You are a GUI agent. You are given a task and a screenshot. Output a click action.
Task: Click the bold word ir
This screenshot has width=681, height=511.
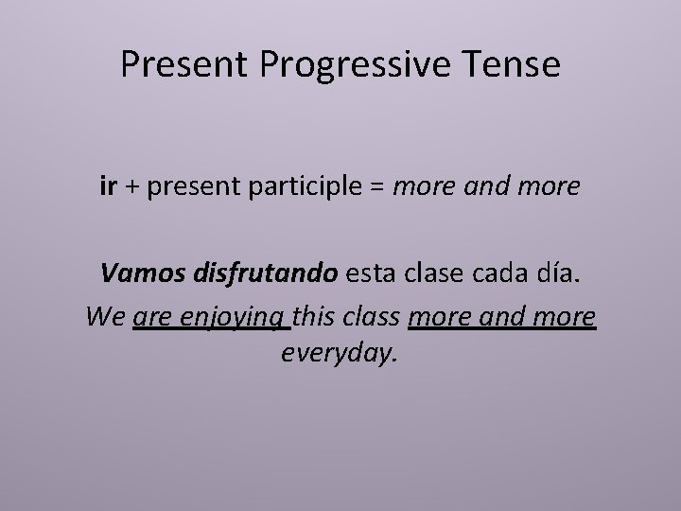pyautogui.click(x=108, y=188)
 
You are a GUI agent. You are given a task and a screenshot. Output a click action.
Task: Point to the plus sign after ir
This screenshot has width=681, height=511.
pyautogui.click(x=131, y=189)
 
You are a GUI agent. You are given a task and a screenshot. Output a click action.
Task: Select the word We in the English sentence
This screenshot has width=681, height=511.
pyautogui.click(x=105, y=315)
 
